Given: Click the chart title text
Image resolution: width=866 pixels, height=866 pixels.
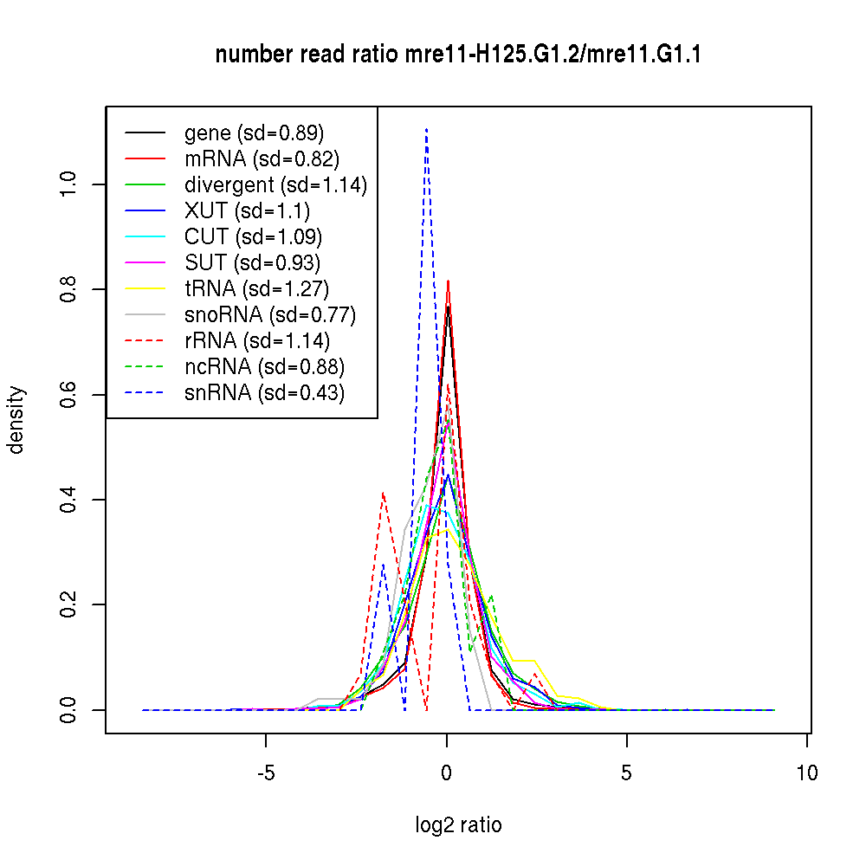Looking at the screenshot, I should pos(458,55).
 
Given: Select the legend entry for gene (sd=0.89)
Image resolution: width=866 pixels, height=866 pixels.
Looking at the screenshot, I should pos(254,133).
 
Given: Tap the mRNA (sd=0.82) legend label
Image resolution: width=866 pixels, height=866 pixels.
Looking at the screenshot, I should pos(262,159).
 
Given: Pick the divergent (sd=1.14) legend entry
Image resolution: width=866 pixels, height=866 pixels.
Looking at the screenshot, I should pos(275,185).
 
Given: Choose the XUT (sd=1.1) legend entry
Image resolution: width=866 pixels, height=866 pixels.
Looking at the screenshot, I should pos(247,211).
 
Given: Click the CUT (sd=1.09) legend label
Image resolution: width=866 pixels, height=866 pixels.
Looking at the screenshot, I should pos(253,237).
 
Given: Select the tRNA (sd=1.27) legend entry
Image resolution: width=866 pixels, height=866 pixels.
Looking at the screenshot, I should pos(256,289).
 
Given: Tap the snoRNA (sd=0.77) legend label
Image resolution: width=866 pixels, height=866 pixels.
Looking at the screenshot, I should pos(270,315).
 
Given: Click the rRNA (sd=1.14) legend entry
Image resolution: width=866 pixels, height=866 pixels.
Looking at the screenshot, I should pos(257,341).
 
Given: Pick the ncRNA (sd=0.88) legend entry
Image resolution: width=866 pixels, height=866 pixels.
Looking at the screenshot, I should pos(264,367).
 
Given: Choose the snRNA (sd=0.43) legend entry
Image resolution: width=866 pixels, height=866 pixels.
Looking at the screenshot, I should pos(264,393).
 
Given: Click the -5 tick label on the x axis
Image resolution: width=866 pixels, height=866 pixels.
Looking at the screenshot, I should pos(265,773).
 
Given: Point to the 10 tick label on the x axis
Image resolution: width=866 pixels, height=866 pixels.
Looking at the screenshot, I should pos(807,773).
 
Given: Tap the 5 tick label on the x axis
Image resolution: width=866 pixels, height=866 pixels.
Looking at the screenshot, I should pos(627,773).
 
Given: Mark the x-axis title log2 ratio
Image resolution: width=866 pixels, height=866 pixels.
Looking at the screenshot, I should pos(458,825).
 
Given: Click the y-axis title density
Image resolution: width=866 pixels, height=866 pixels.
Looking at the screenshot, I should pos(17,420).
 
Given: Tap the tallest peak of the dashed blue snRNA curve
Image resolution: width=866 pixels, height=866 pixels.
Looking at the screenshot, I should pos(426,130).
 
